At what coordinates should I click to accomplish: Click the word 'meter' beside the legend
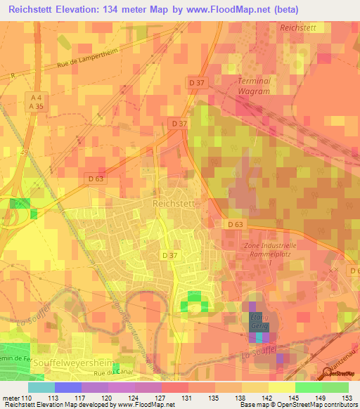pos(11,398)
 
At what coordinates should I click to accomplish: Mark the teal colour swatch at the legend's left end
pos(41,387)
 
